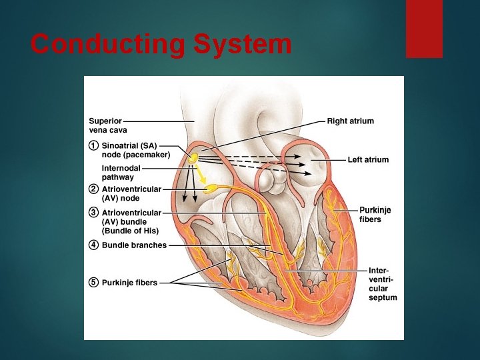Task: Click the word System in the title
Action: tap(242, 45)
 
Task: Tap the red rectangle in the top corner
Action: tap(424, 29)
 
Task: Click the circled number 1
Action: tap(94, 145)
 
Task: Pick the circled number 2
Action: tap(94, 189)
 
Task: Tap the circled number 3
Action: tap(94, 213)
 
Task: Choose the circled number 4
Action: tap(94, 245)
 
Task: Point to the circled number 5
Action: tap(94, 283)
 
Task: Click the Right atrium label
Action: tap(350, 121)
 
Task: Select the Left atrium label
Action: tap(368, 160)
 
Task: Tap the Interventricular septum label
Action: tap(383, 284)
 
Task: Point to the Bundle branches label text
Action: tap(134, 245)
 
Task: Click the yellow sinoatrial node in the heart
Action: tap(193, 159)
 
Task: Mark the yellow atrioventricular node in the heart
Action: tap(211, 189)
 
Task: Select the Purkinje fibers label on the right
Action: tap(375, 215)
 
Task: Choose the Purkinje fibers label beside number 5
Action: tap(129, 283)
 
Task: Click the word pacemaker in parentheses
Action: tap(147, 155)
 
